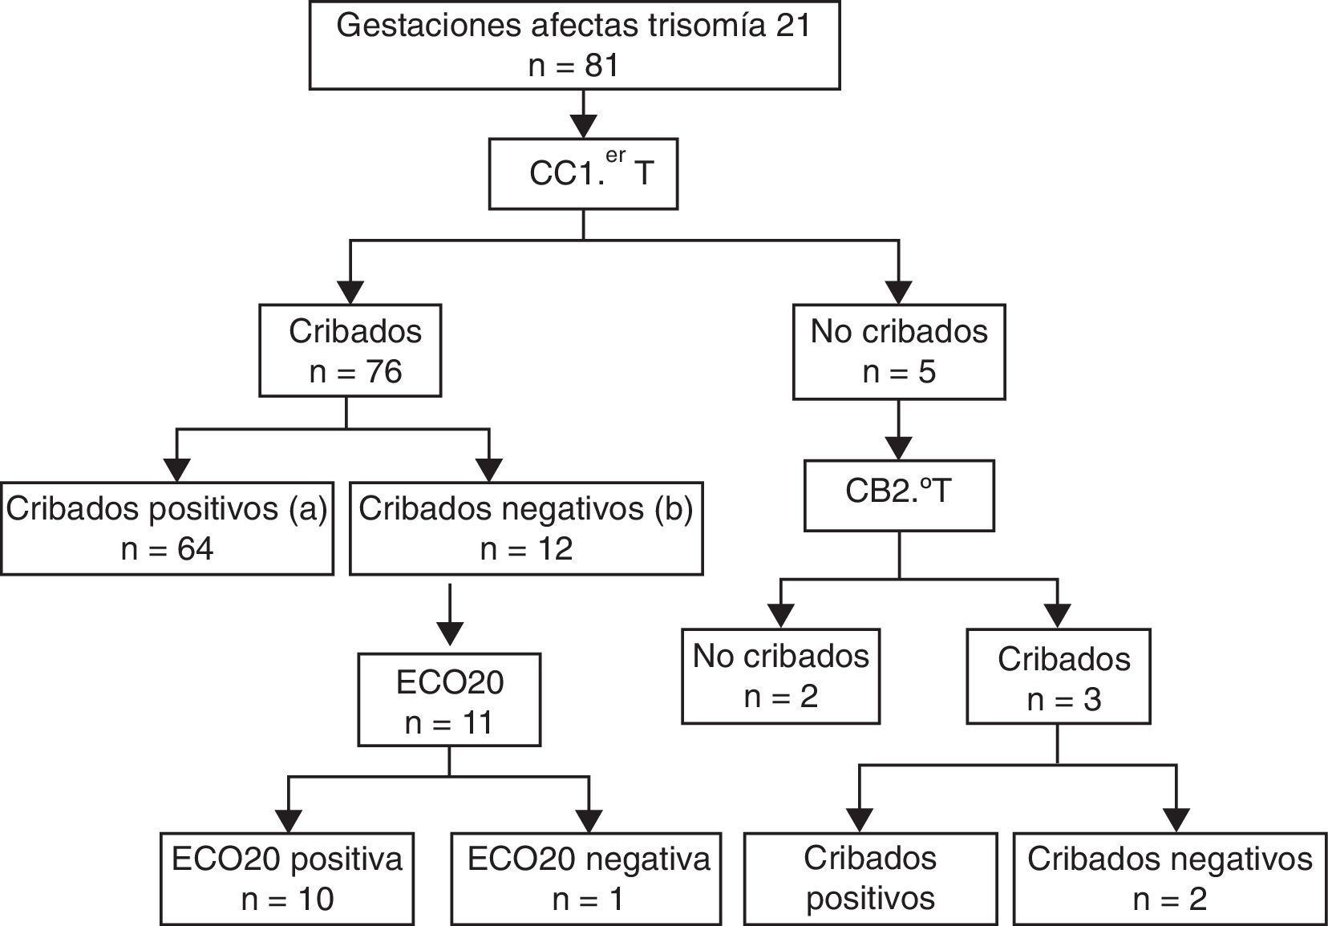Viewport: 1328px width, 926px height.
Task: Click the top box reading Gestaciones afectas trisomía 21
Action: (x=574, y=45)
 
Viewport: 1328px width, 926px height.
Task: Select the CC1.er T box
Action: (x=583, y=174)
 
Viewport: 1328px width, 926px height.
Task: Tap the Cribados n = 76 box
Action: (x=350, y=350)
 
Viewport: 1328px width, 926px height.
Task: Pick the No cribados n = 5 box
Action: (x=899, y=351)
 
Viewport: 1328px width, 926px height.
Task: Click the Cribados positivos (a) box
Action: (x=167, y=528)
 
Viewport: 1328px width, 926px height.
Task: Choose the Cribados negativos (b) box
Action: (x=526, y=528)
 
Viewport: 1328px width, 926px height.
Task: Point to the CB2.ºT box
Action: (x=899, y=495)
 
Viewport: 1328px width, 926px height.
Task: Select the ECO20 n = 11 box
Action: (x=449, y=700)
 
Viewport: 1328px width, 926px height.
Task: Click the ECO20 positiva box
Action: (x=287, y=879)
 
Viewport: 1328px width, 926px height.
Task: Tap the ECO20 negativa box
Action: (x=588, y=879)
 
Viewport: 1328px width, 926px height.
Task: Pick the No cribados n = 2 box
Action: (x=781, y=677)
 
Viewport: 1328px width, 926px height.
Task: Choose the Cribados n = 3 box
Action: (x=1059, y=677)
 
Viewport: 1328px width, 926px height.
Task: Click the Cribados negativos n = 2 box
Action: (x=1169, y=879)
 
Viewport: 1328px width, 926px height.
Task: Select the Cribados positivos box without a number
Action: (x=871, y=879)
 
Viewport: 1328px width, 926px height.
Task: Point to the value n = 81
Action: (x=574, y=66)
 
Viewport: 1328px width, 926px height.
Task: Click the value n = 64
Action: (x=167, y=549)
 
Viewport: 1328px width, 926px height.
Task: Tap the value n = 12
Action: (x=526, y=549)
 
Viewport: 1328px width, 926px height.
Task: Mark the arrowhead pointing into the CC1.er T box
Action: (x=583, y=127)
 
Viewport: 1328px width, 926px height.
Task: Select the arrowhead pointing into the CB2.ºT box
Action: (x=899, y=447)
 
